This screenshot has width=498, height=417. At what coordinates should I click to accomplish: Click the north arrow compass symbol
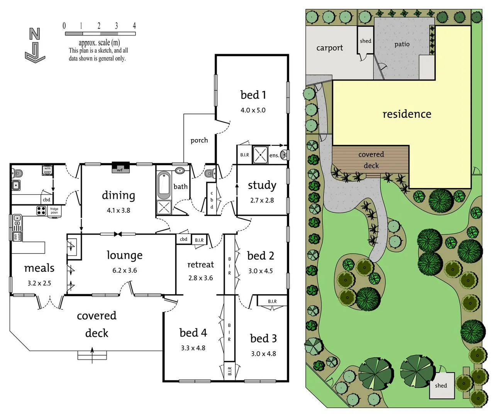pos(35,45)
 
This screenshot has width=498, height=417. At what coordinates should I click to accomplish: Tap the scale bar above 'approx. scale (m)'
pos(100,34)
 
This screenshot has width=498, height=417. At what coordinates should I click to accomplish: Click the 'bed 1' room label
pos(253,95)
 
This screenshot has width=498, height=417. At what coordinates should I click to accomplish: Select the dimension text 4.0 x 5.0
pos(253,110)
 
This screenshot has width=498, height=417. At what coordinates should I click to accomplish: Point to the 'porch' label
pos(199,140)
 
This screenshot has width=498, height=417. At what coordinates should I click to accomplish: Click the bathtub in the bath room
pos(164,185)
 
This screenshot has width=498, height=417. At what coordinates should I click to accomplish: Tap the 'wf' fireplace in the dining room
pos(120,168)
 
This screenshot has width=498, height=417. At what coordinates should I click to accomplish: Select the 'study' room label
pos(262,185)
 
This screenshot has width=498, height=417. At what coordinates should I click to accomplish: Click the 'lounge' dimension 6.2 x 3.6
pos(124,270)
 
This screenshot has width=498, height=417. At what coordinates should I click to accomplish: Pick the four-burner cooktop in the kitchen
pos(41,210)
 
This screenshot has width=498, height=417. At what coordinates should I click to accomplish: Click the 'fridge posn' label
pos(54,211)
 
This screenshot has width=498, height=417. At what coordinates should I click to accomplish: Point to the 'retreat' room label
pos(200,264)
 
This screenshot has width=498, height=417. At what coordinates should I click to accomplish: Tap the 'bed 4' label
pos(193,332)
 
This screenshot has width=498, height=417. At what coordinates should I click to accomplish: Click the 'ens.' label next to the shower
pos(274,155)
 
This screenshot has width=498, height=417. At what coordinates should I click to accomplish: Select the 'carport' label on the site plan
pos(329,48)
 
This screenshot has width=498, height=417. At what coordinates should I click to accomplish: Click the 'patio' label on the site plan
pos(402,44)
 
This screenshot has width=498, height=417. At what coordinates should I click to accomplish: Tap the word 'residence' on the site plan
pos(407,114)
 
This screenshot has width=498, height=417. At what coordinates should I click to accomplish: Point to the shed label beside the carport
pos(365,41)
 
